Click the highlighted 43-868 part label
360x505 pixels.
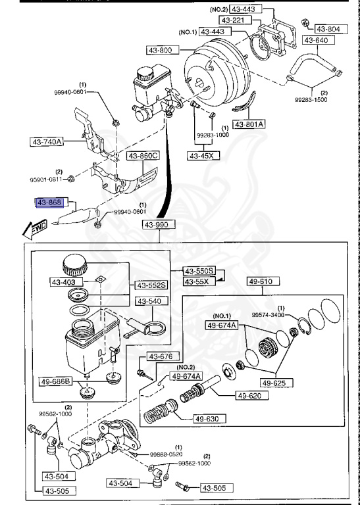[49, 203]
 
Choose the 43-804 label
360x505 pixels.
[328, 29]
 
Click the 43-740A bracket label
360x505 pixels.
[46, 141]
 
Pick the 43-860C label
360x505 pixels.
[143, 156]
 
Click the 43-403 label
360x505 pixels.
[64, 282]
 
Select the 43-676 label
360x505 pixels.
[160, 356]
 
